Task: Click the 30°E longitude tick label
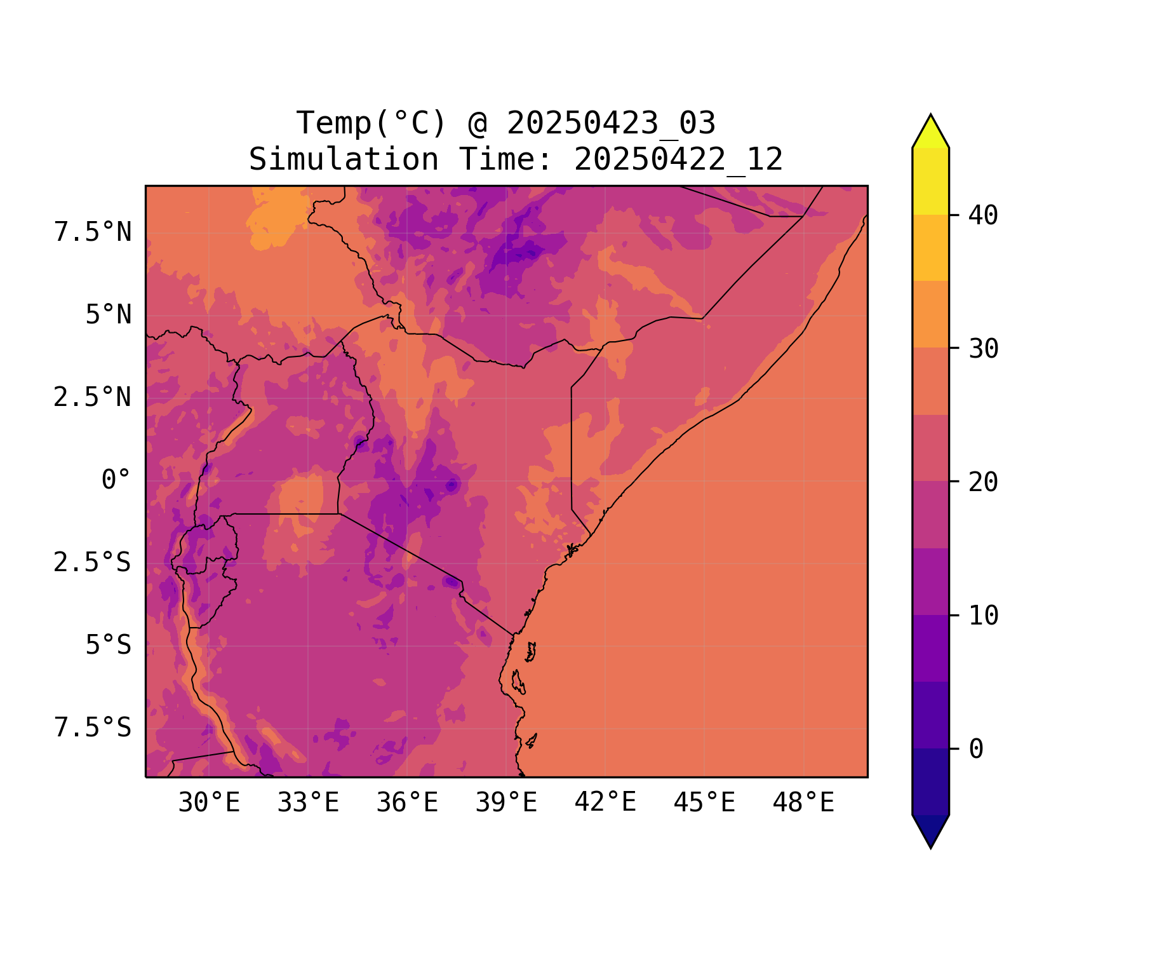pos(209,803)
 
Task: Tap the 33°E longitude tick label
pos(308,803)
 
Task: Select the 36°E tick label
pos(407,803)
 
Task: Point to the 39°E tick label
pos(506,803)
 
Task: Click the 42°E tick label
pos(605,802)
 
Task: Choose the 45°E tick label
pos(704,803)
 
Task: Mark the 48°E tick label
pos(803,803)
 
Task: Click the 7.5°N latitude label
pos(93,233)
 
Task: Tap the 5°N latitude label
pos(109,315)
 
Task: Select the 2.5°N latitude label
pos(93,398)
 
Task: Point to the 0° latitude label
pos(116,480)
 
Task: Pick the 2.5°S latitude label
pos(93,563)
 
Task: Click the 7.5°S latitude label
pos(93,728)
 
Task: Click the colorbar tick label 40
pos(983,215)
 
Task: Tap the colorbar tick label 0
pos(976,749)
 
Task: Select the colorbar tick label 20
pos(983,482)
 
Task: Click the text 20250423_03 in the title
pos(611,123)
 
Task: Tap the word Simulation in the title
pos(344,159)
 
